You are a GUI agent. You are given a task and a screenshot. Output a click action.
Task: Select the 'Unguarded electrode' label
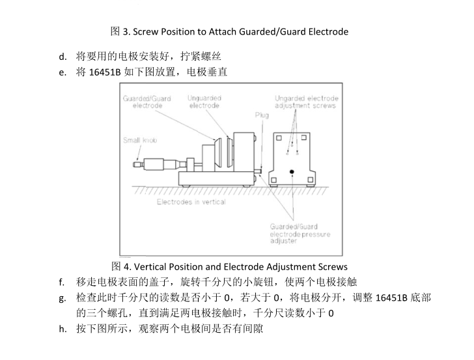click(x=204, y=102)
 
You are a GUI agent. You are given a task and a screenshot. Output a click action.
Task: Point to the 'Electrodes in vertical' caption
click(x=191, y=202)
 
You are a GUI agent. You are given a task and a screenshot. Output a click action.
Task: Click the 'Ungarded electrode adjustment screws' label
click(x=306, y=102)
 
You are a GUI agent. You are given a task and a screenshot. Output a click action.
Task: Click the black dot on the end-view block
click(x=292, y=171)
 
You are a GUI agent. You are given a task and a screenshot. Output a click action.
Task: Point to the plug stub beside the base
click(x=260, y=173)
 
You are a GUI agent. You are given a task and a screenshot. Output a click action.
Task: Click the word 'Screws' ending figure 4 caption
click(x=332, y=266)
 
